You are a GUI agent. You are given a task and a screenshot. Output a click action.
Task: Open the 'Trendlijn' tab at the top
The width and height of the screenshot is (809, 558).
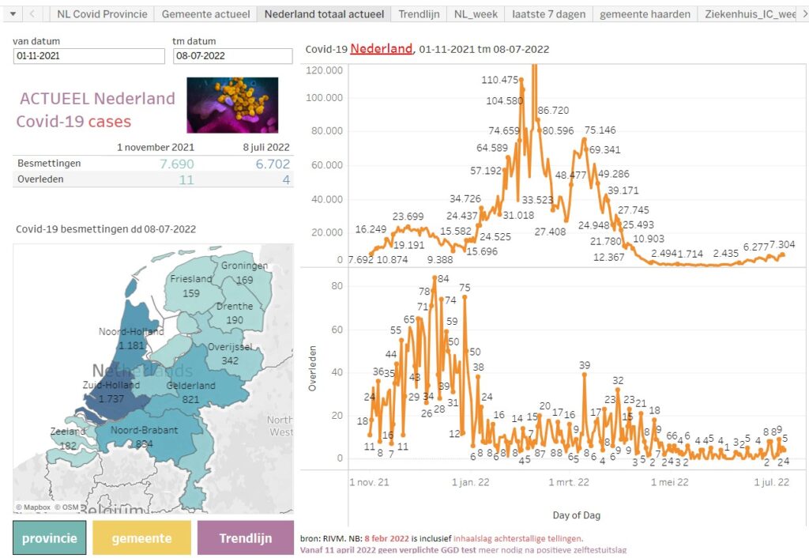tap(419, 14)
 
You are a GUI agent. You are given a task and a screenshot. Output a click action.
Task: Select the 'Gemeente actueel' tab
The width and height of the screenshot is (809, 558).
tap(205, 14)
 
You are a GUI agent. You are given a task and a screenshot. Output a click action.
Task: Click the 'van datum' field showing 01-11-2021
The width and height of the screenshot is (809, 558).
tap(89, 56)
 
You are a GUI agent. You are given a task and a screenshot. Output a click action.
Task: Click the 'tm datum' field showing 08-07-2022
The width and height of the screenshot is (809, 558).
tap(232, 56)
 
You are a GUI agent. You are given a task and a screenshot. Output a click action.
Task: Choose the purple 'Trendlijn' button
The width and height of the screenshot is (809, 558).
tap(245, 538)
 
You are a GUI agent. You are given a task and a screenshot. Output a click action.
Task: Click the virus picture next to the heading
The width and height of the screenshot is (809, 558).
tap(232, 104)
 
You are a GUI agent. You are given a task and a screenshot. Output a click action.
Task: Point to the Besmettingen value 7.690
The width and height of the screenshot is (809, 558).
tap(176, 164)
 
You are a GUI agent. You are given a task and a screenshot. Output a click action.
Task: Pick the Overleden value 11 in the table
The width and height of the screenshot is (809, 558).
tap(186, 179)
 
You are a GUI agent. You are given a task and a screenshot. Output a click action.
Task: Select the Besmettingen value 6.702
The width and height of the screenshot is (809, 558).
tap(273, 164)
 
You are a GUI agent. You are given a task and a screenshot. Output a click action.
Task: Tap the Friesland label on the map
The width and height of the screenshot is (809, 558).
tap(191, 279)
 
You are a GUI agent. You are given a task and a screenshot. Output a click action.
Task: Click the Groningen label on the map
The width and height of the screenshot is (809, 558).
tap(244, 266)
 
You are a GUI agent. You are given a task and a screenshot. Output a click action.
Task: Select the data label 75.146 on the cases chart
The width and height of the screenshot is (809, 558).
tap(600, 130)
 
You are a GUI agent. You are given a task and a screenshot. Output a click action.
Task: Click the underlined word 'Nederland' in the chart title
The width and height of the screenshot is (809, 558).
tap(381, 49)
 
